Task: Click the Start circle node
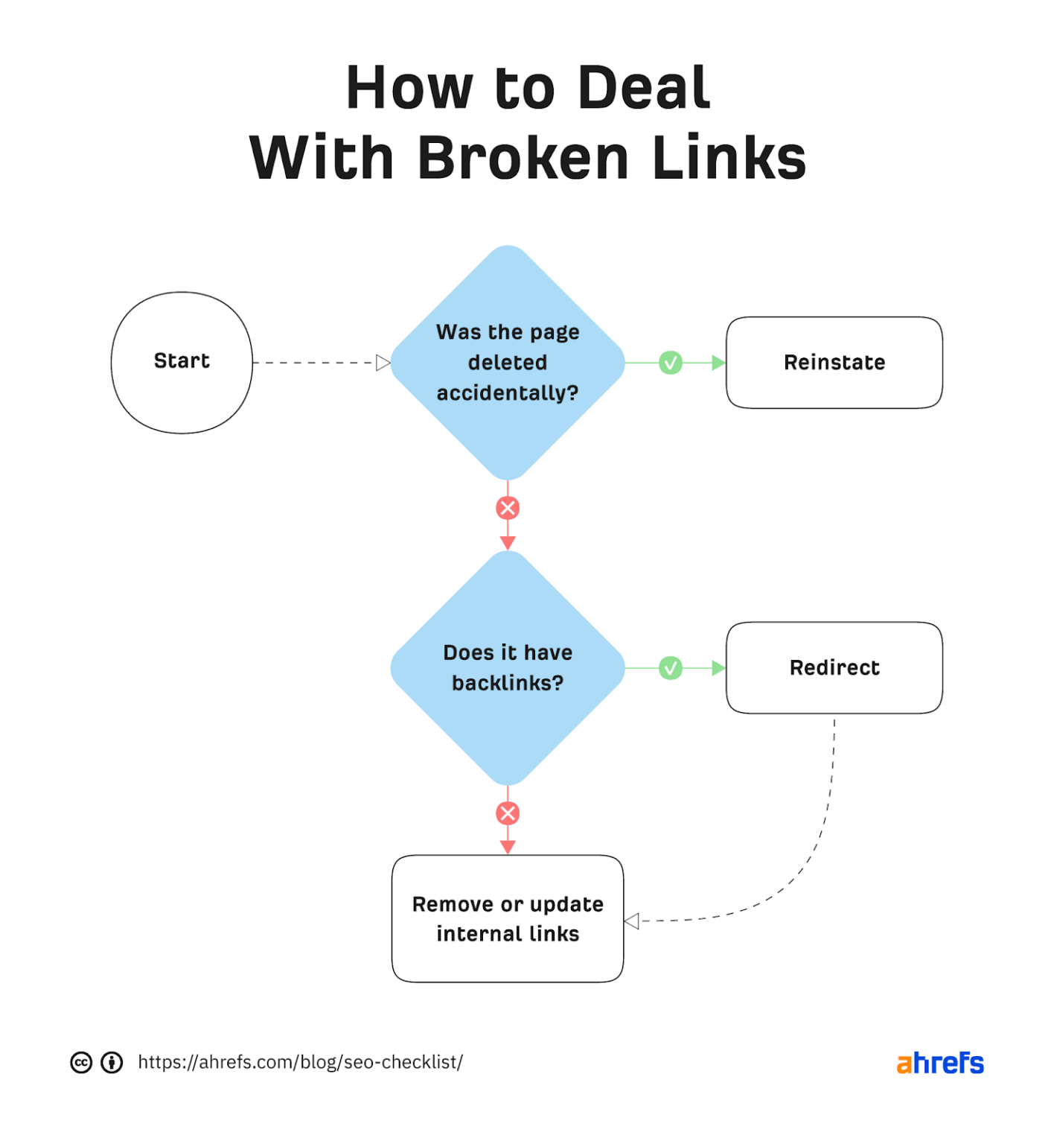[x=182, y=362]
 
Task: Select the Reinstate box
[x=834, y=363]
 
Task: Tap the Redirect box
[x=834, y=667]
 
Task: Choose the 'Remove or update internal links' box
[x=508, y=918]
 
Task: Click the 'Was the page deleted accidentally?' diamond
[x=508, y=363]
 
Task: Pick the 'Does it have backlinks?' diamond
[x=508, y=667]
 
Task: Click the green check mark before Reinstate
[x=671, y=363]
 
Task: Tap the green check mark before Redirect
[x=671, y=668]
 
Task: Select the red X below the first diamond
[x=508, y=509]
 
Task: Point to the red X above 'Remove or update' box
[x=508, y=813]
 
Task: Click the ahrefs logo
[x=939, y=1063]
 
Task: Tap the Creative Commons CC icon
[x=81, y=1063]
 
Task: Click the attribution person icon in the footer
[x=112, y=1063]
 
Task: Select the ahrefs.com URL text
[x=300, y=1062]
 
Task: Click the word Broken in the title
[x=523, y=158]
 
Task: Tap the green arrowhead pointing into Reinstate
[x=718, y=363]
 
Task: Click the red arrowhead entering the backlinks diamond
[x=508, y=543]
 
